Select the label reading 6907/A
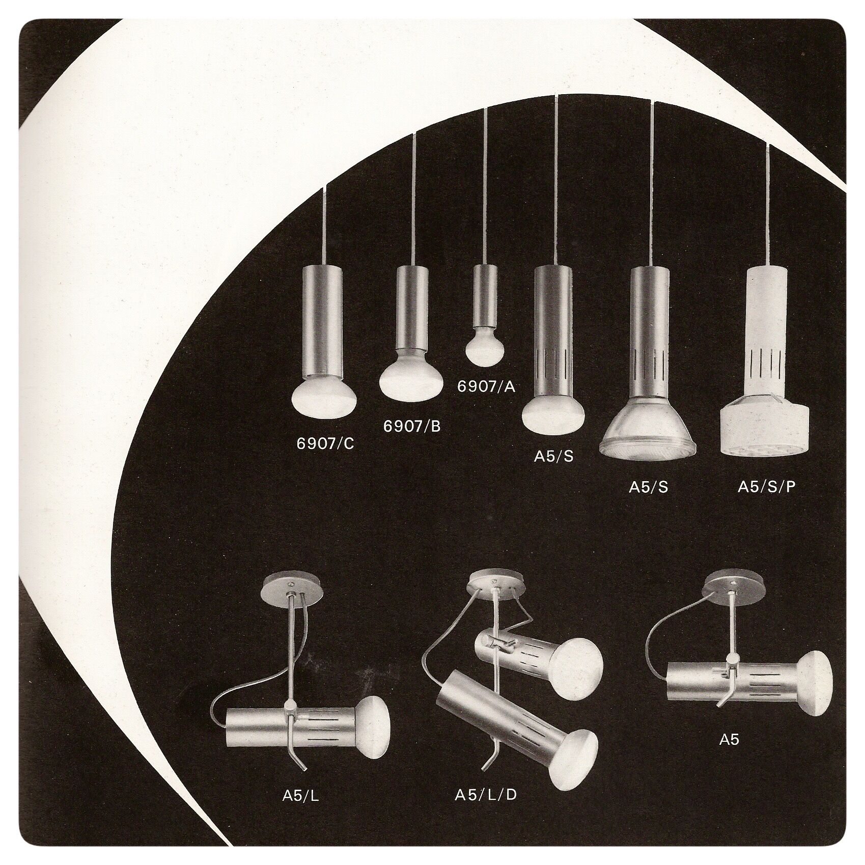486,387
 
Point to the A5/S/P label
766,487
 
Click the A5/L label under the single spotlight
300,795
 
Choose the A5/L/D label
486,793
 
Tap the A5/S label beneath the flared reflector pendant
648,487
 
